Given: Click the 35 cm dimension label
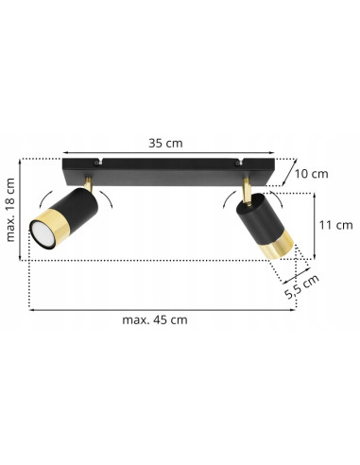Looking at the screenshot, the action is pyautogui.click(x=165, y=144).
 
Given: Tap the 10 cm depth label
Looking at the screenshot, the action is pyautogui.click(x=311, y=174).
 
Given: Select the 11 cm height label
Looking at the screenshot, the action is pyautogui.click(x=335, y=225).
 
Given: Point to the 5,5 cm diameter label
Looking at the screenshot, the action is pyautogui.click(x=301, y=286).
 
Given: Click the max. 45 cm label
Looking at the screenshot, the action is pyautogui.click(x=155, y=320).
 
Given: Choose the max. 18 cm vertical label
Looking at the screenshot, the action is pyautogui.click(x=10, y=210).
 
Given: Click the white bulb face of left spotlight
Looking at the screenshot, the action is pyautogui.click(x=42, y=233).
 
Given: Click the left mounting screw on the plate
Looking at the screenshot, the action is pyautogui.click(x=96, y=163).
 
